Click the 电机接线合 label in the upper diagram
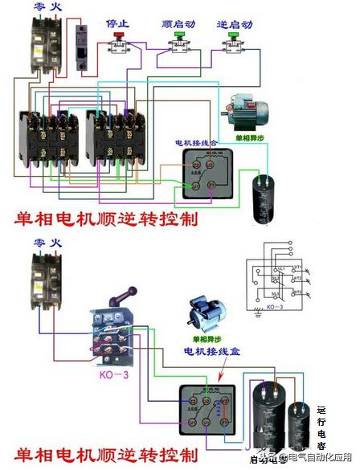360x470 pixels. (196, 143)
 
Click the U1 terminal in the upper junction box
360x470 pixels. (194, 185)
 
